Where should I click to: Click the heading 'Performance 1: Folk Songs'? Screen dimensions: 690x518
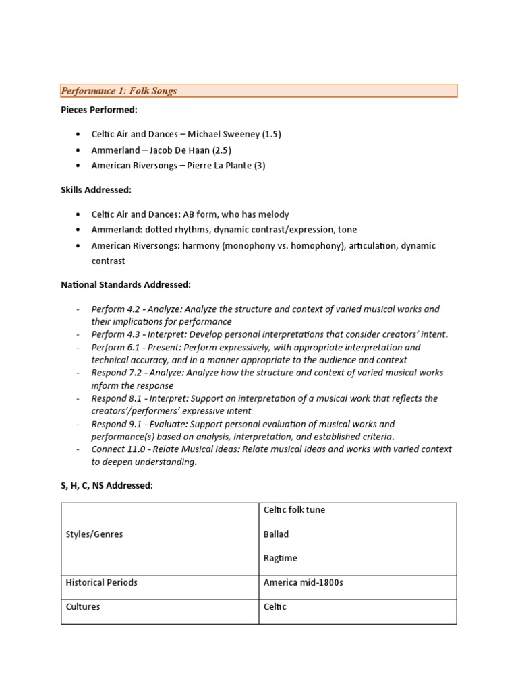coord(119,90)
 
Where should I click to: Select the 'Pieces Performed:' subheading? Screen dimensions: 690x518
coord(99,110)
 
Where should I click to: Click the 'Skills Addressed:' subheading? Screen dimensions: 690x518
coord(96,190)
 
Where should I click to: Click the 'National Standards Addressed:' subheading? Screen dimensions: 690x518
coord(126,285)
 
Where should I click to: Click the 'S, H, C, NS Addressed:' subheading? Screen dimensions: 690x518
coord(107,486)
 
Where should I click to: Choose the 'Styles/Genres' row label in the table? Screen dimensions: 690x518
coord(94,534)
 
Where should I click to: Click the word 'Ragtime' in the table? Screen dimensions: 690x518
coord(280,558)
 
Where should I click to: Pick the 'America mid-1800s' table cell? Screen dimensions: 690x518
coord(303,582)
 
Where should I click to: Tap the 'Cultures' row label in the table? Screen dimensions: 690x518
coord(82,606)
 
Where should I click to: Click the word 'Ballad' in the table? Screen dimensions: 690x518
coord(276,534)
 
